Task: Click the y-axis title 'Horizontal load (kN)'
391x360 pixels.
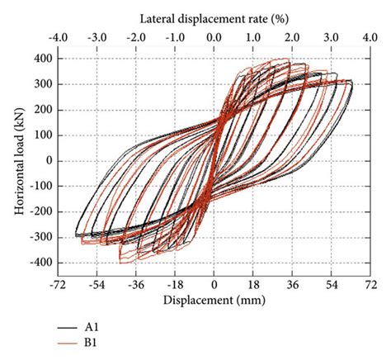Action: click(18, 160)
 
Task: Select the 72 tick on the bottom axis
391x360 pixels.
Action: click(370, 282)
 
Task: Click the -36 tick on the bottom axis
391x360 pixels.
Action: click(135, 282)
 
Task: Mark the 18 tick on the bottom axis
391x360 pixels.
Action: click(253, 282)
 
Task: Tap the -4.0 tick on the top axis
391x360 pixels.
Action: click(58, 37)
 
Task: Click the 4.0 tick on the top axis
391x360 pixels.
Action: click(370, 37)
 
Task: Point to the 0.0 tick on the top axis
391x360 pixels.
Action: click(214, 37)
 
